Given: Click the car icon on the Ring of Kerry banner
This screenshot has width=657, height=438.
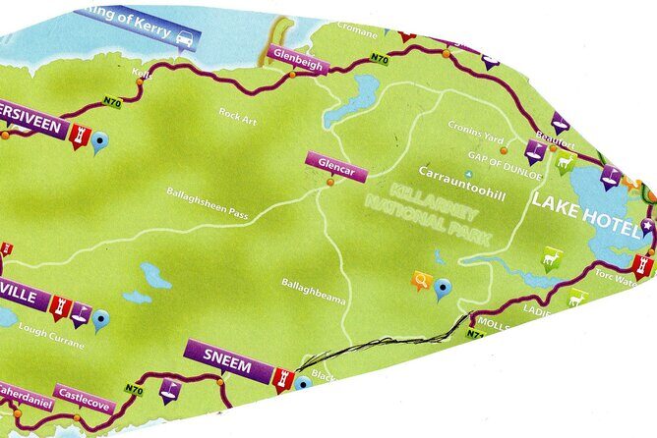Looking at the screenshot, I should tap(184, 38).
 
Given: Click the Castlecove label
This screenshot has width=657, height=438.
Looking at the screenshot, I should tap(86, 398).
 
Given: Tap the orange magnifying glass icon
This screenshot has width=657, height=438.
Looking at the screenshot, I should tap(422, 283).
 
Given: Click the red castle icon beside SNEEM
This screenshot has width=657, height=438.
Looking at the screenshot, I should tap(284, 376).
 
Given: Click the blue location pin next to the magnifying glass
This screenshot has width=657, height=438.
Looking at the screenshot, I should tap(444, 288).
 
